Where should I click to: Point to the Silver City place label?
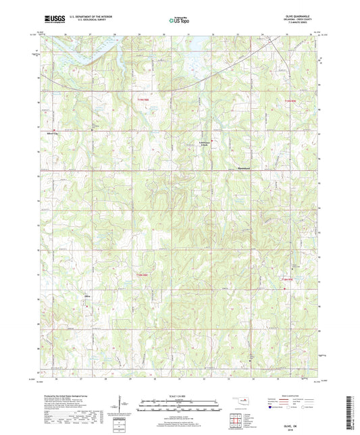[48, 132]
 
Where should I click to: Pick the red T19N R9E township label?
[290, 100]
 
